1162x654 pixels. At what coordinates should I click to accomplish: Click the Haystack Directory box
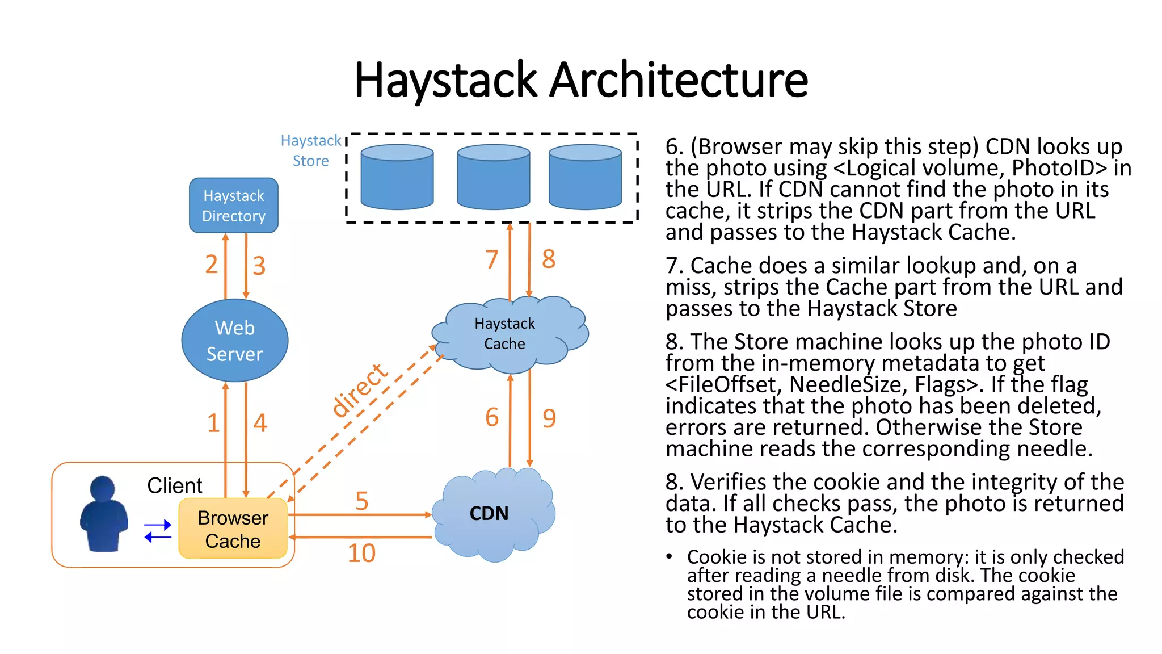(x=233, y=206)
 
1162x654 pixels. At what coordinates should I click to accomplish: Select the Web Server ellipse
(x=234, y=341)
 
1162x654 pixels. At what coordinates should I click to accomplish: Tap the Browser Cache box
(x=233, y=529)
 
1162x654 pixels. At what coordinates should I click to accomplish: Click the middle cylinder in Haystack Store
(x=493, y=177)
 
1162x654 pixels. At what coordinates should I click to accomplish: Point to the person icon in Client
(x=103, y=514)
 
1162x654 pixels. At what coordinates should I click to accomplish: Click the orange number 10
(x=361, y=553)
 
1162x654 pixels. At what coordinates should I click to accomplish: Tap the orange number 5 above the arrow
(x=362, y=501)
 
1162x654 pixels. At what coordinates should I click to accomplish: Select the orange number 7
(x=492, y=259)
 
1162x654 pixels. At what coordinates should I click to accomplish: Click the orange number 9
(x=549, y=418)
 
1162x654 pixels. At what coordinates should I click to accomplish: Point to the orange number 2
(x=211, y=264)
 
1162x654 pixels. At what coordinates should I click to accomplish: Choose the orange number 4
(x=260, y=422)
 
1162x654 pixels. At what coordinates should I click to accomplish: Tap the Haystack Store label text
(x=311, y=150)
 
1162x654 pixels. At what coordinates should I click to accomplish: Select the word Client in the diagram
(x=174, y=485)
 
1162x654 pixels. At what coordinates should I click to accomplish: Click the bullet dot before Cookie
(x=670, y=556)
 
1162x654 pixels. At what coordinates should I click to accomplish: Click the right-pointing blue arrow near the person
(x=158, y=525)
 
